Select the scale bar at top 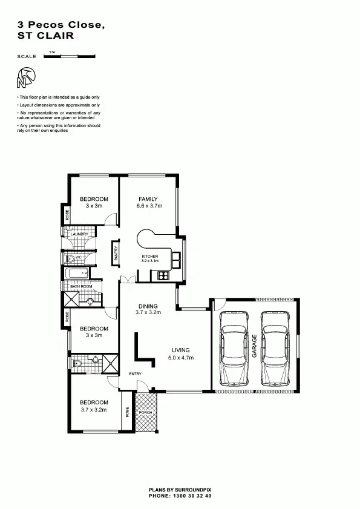(70, 56)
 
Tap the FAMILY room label (148, 199)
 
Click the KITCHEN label (149, 257)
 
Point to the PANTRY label (115, 253)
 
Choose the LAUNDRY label (80, 234)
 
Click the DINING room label (148, 306)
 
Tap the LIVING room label (180, 350)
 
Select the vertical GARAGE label (255, 346)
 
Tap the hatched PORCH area (146, 412)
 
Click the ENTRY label (135, 374)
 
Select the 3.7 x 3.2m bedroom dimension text (94, 409)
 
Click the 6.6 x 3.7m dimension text (149, 206)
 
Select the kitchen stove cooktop (163, 276)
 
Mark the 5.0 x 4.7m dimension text (180, 357)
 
